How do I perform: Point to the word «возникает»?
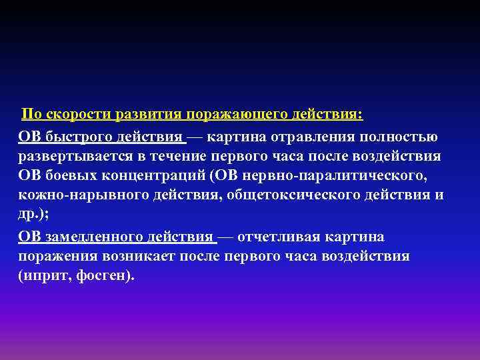pyautogui.click(x=137, y=257)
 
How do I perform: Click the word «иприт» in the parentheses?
pyautogui.click(x=43, y=276)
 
